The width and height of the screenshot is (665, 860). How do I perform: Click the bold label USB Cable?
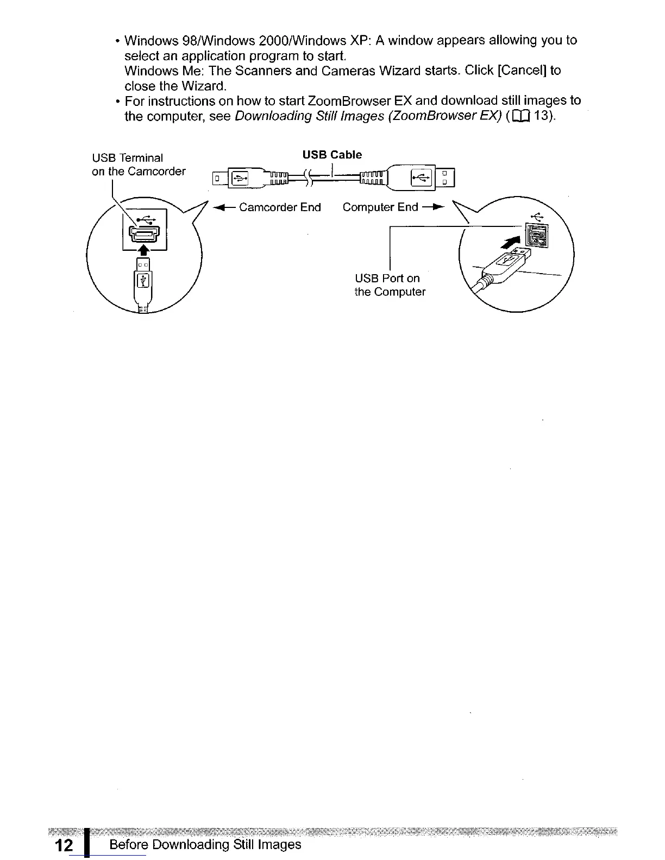tap(331, 155)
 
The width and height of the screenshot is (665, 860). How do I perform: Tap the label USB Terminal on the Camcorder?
tap(139, 165)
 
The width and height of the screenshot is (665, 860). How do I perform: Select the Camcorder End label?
tap(280, 207)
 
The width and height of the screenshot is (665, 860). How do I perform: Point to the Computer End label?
tap(380, 207)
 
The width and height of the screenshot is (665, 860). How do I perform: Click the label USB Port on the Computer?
tap(390, 285)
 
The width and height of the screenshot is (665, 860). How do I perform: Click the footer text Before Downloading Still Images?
tap(205, 845)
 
